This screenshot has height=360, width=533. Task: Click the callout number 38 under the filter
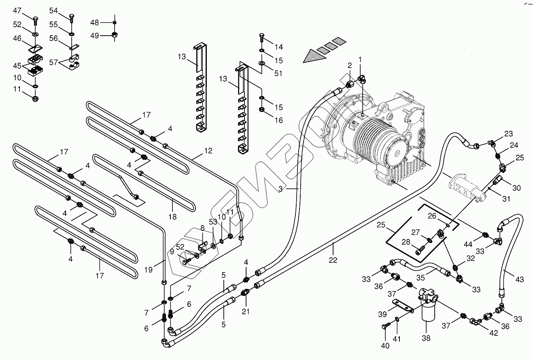click(x=426, y=338)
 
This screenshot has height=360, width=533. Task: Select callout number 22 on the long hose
click(x=333, y=260)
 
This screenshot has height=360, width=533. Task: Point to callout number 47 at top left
click(x=17, y=11)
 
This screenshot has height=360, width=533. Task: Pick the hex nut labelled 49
click(x=115, y=35)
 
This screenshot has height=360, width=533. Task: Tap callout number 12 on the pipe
click(x=208, y=151)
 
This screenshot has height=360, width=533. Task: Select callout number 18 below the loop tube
click(x=172, y=217)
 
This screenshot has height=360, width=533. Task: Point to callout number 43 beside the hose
click(x=519, y=279)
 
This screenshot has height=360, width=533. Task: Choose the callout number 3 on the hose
click(x=280, y=189)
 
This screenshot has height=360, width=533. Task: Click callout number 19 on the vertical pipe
click(x=148, y=270)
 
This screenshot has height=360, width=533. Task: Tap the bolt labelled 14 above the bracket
click(x=261, y=38)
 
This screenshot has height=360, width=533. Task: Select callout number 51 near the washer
click(x=278, y=73)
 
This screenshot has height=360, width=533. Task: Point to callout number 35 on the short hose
click(x=420, y=278)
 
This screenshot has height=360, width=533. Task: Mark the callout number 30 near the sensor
click(x=516, y=188)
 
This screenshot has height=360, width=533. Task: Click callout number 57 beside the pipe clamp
click(x=53, y=62)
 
